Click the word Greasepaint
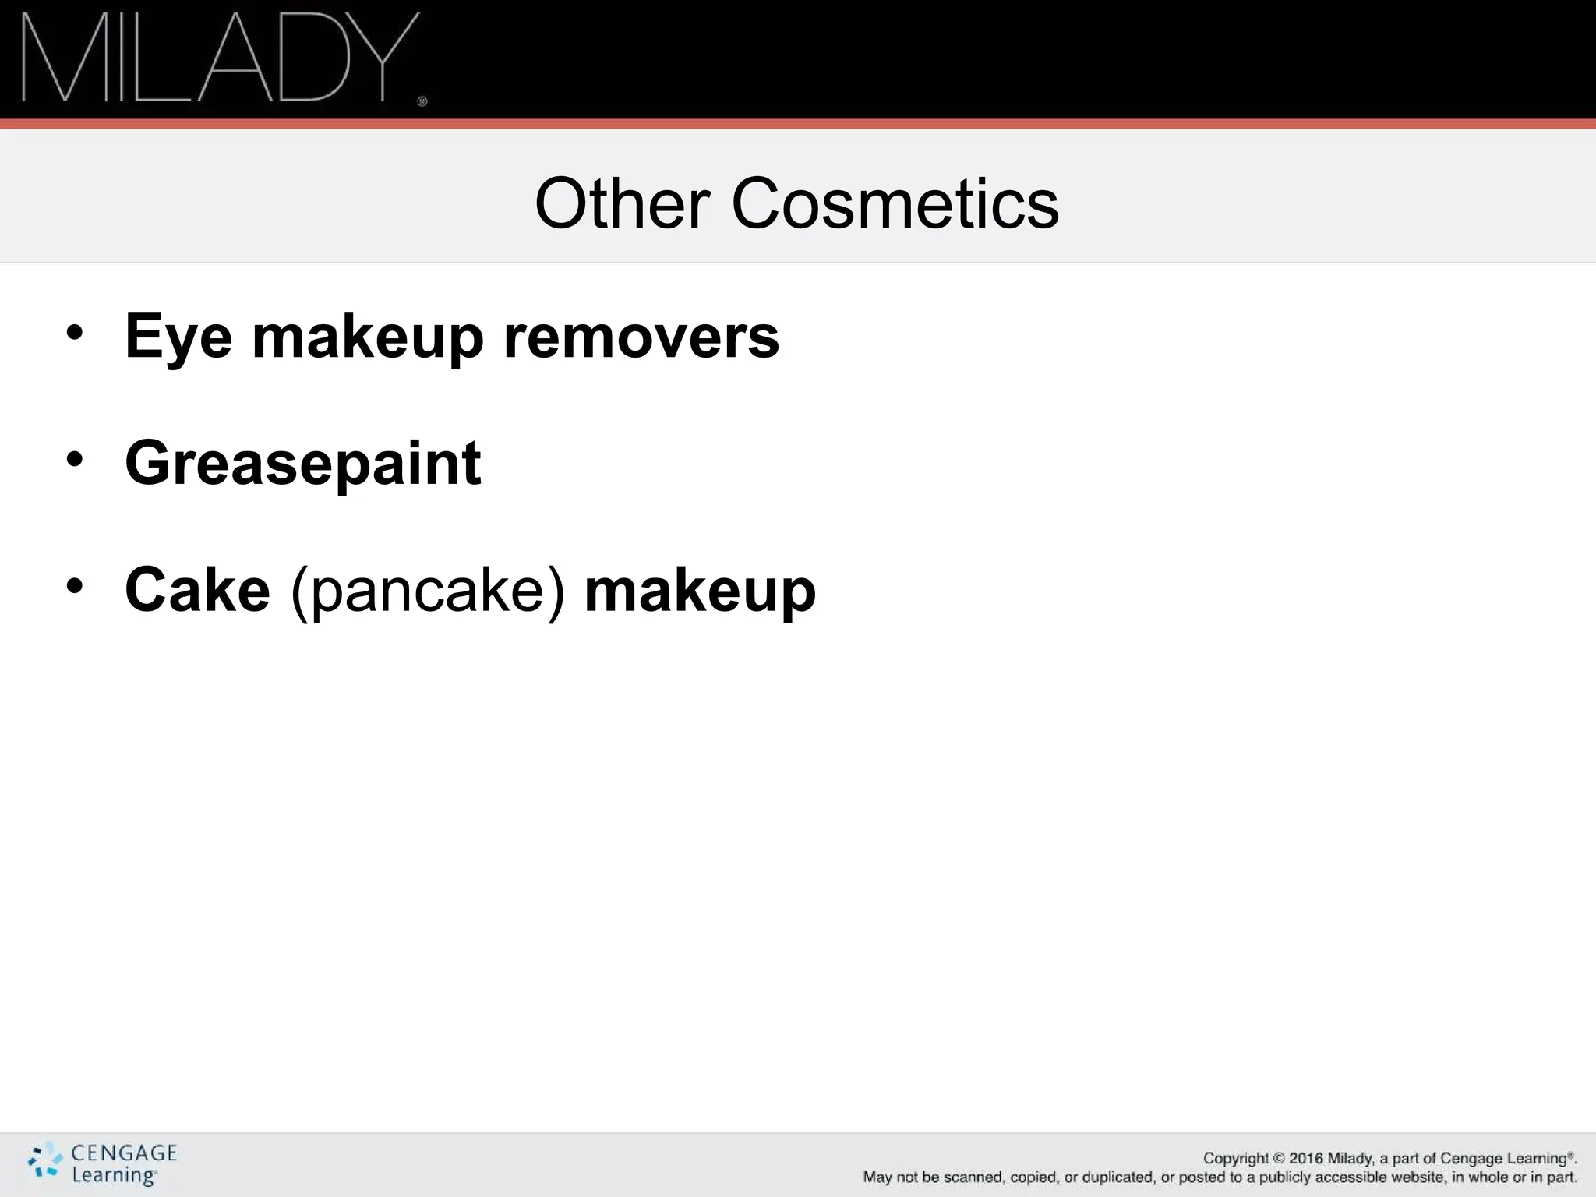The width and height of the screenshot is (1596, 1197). pyautogui.click(x=303, y=464)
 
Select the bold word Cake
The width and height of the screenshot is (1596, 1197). pyautogui.click(x=197, y=590)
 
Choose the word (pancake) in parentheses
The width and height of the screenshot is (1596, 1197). pyautogui.click(x=427, y=591)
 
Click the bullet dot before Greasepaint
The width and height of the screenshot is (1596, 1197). pyautogui.click(x=74, y=460)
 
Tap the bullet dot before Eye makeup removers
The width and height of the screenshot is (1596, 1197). pyautogui.click(x=74, y=334)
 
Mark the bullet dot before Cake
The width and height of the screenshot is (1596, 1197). pyautogui.click(x=74, y=586)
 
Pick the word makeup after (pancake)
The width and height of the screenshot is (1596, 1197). pyautogui.click(x=700, y=591)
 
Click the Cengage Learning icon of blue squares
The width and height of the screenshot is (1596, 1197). pyautogui.click(x=45, y=1160)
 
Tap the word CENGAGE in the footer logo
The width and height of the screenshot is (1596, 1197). pyautogui.click(x=124, y=1153)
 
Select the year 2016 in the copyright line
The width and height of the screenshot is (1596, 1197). pyautogui.click(x=1306, y=1159)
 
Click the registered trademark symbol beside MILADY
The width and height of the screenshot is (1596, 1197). pyautogui.click(x=422, y=101)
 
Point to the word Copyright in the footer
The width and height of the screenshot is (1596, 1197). pyautogui.click(x=1236, y=1159)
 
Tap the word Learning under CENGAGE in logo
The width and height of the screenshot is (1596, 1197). pyautogui.click(x=114, y=1175)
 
